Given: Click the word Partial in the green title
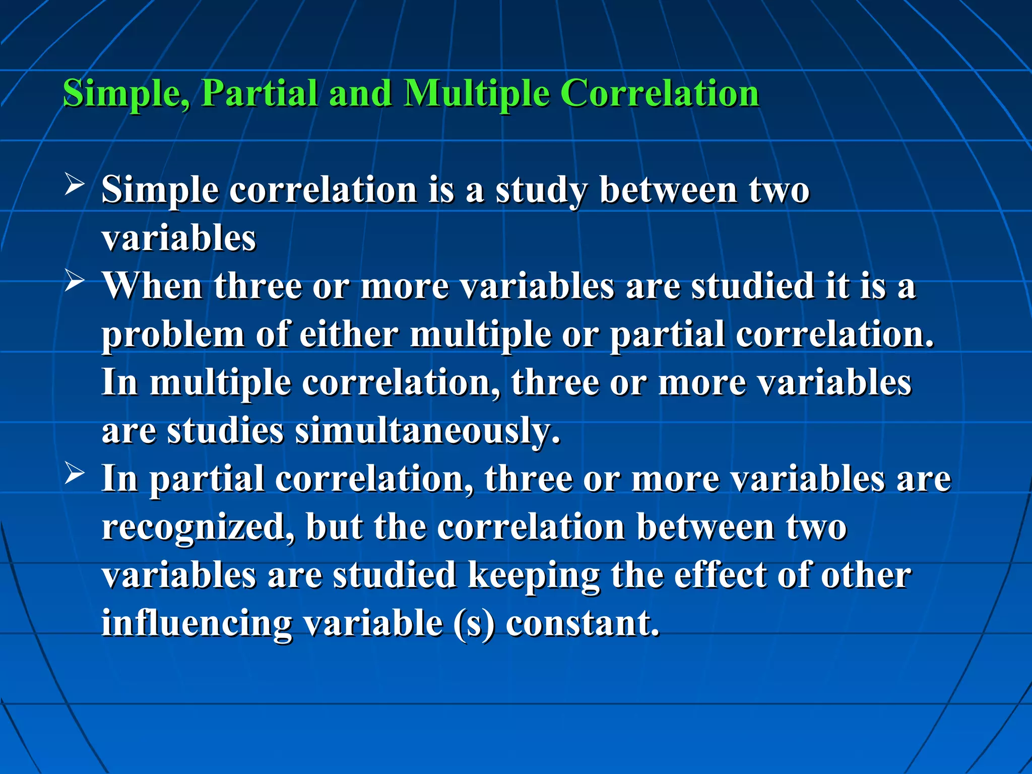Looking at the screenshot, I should click(259, 93).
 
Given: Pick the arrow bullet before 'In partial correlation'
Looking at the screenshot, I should click(75, 473).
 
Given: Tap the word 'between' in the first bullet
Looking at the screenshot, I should click(668, 190).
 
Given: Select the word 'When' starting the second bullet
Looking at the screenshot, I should click(153, 286).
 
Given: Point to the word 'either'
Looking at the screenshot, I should click(349, 335).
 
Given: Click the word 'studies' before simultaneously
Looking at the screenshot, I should click(225, 432).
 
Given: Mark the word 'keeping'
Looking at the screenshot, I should click(534, 576).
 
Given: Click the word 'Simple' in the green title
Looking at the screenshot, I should click(126, 93).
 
